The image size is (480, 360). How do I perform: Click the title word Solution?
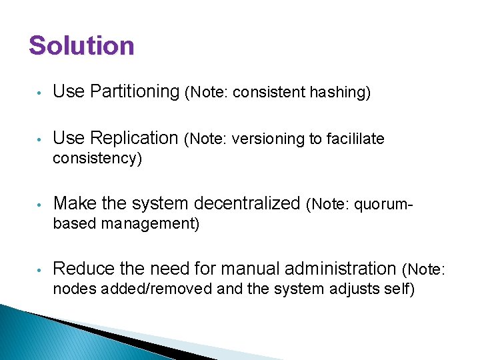pos(81,46)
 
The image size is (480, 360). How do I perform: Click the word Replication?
pos(134,138)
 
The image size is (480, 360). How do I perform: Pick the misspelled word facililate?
pos(356,139)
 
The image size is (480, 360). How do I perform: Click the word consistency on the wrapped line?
pos(95,159)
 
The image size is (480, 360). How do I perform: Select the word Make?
pos(73,203)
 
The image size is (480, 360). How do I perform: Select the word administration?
pos(341,268)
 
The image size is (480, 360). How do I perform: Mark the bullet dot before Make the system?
pos(40,204)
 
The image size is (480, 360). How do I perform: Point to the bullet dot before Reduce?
pos(40,269)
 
